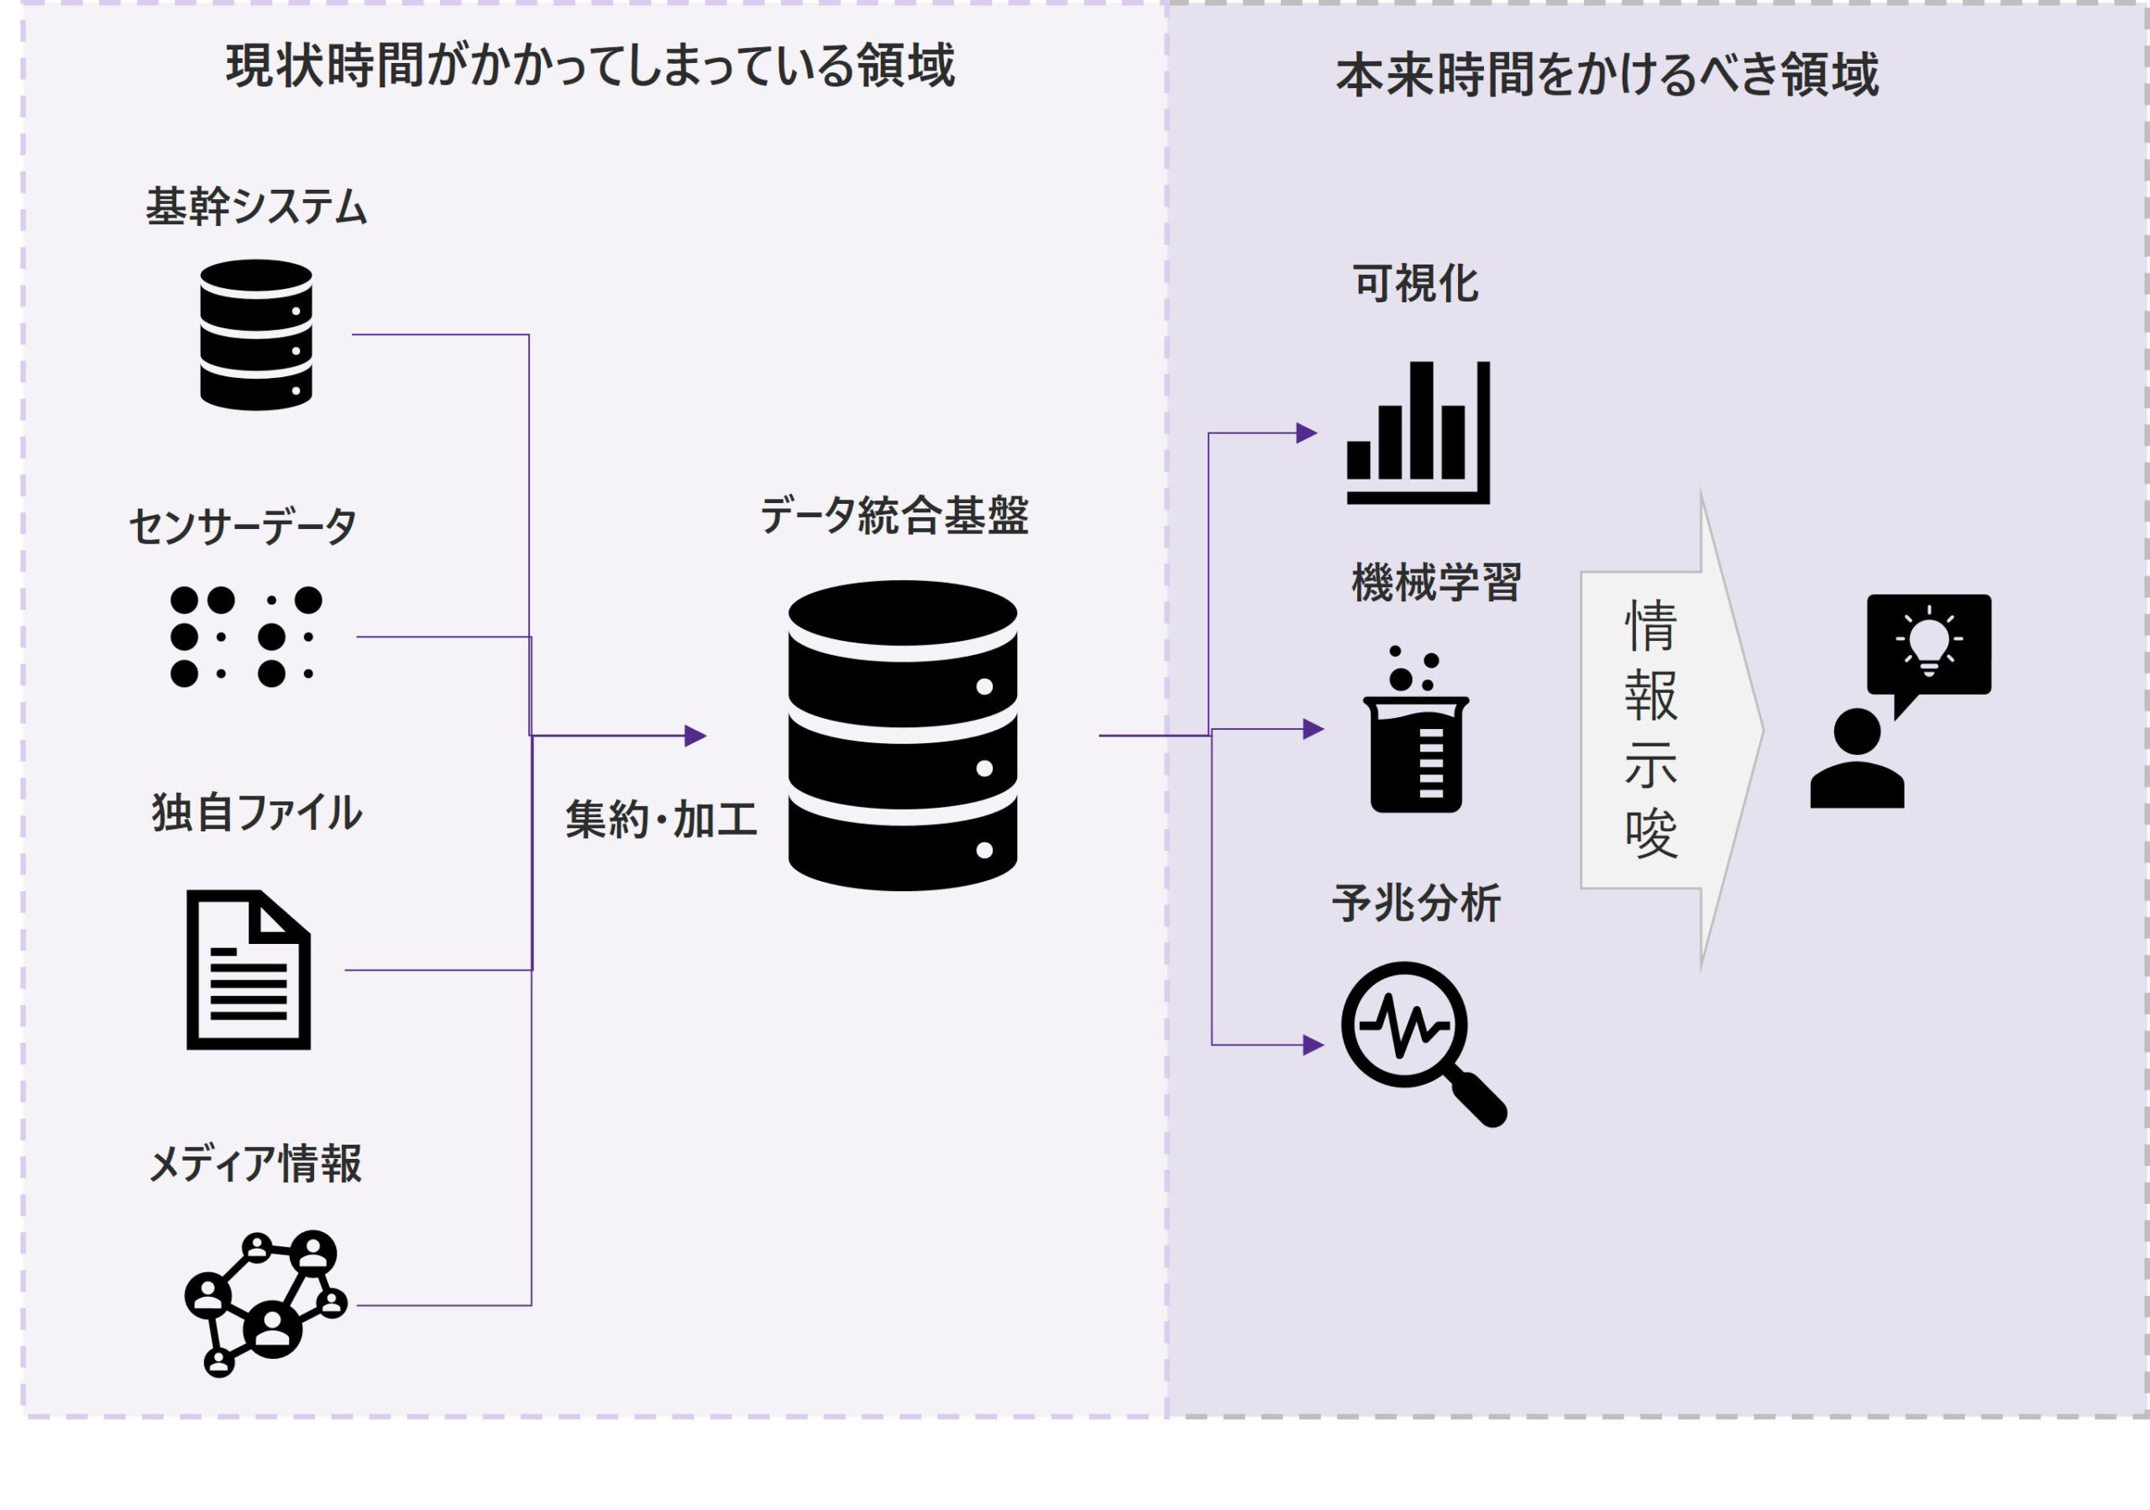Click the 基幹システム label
pos(255,207)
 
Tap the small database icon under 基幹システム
pos(255,334)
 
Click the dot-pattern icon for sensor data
pos(246,637)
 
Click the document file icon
pos(248,970)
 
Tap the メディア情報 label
pos(254,1164)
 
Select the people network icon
pos(266,1303)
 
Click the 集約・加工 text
pos(661,820)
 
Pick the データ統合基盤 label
pos(894,516)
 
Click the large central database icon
pos(903,736)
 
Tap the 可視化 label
pos(1415,284)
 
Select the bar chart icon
pos(1418,433)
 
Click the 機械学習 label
pos(1436,583)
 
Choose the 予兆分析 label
pos(1417,904)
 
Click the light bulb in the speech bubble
pos(1928,640)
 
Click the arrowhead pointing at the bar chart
pos(1306,433)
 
